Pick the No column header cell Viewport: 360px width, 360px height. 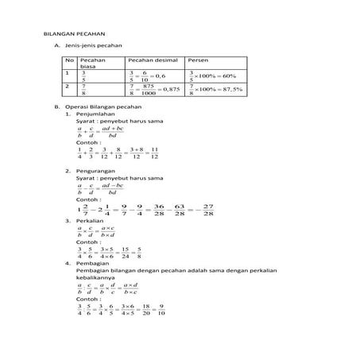pyautogui.click(x=69, y=60)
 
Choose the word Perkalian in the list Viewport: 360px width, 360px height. pyautogui.click(x=92, y=222)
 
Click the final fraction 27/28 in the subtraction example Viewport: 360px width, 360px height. pyautogui.click(x=209, y=209)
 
